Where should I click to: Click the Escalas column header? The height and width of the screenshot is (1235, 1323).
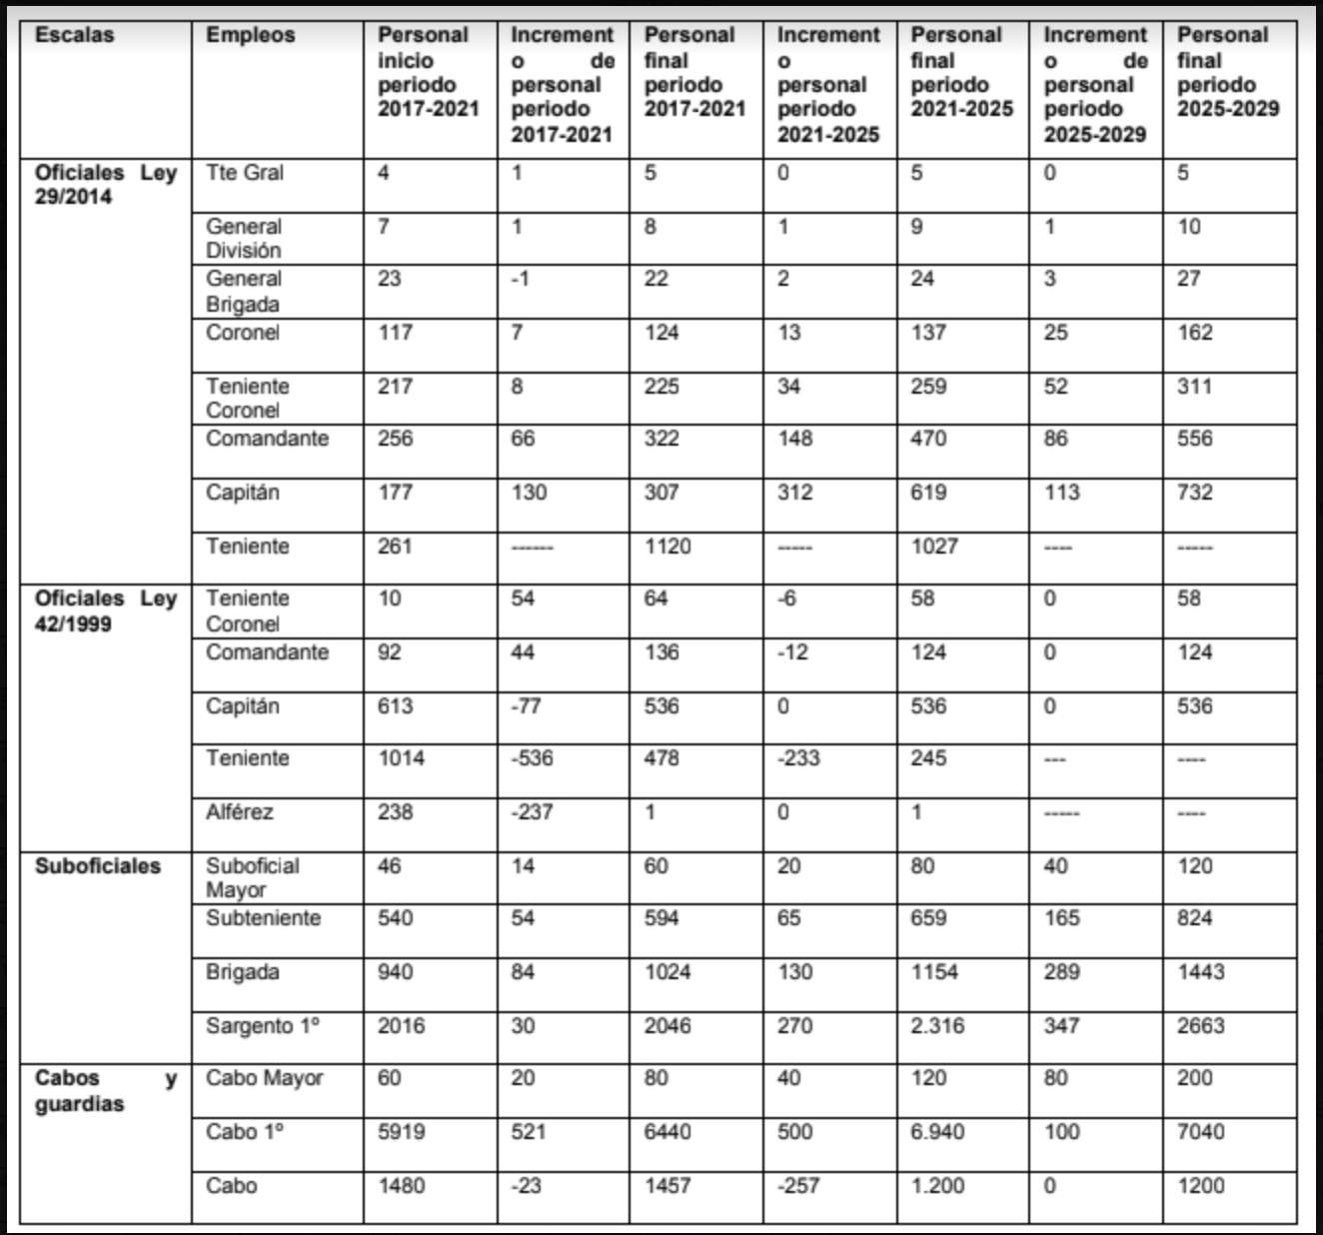(74, 35)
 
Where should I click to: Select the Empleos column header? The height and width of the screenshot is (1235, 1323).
(250, 35)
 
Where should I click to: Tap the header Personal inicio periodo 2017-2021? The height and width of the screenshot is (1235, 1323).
(428, 72)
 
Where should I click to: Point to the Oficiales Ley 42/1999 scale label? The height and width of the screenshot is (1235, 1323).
(105, 612)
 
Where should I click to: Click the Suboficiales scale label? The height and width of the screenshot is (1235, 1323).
(97, 866)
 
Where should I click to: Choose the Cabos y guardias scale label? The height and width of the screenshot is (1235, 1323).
(105, 1091)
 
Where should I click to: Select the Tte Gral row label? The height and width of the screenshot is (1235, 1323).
(245, 173)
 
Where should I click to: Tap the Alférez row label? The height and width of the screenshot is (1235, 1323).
(239, 812)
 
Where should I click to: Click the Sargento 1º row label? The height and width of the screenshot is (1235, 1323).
(263, 1026)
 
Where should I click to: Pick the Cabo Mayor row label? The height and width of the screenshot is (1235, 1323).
(264, 1079)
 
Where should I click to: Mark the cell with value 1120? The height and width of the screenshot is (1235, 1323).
(667, 547)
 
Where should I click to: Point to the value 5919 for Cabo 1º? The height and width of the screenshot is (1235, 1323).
(401, 1132)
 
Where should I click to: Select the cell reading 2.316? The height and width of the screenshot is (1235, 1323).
(937, 1026)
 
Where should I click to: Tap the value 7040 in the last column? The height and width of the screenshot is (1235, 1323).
(1200, 1132)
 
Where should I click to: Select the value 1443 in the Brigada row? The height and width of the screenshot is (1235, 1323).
(1200, 972)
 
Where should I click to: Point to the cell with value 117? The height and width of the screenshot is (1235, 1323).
(395, 333)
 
